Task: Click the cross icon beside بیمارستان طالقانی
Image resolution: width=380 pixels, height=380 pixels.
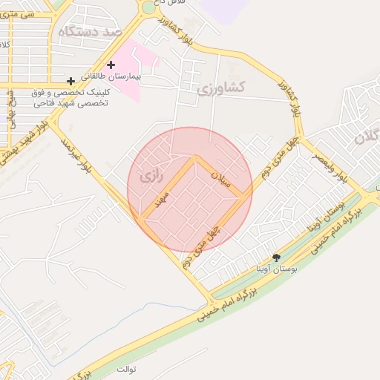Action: [111, 65]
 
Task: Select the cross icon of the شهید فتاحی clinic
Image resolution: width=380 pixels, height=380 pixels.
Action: [71, 80]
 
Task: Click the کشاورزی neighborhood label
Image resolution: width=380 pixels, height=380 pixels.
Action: [221, 88]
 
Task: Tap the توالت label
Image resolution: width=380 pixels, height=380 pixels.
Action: [128, 367]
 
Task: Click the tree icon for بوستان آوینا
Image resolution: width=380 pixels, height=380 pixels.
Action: [276, 258]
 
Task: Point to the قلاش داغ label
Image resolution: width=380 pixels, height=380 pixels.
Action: [166, 4]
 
